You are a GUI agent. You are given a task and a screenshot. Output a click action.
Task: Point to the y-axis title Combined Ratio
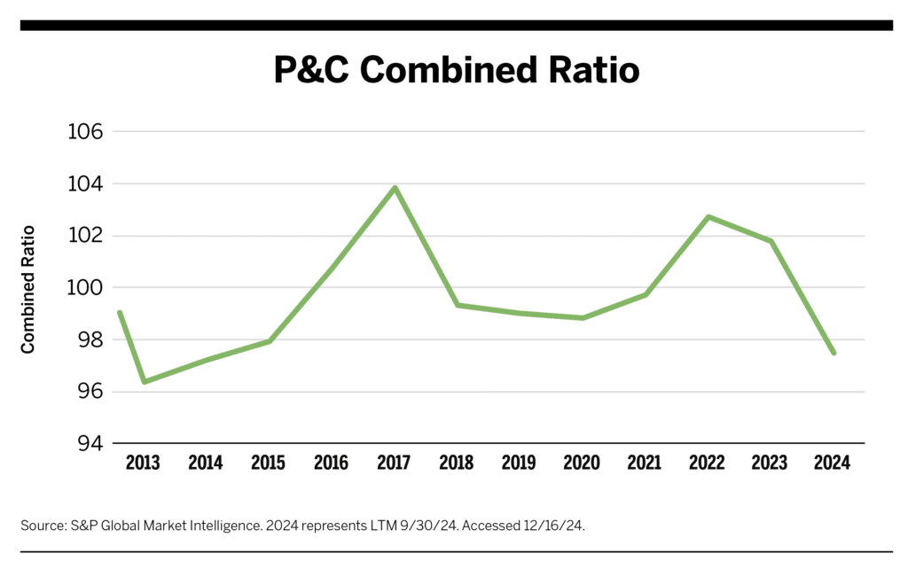(28, 289)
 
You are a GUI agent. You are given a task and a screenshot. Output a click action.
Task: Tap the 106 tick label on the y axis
(85, 132)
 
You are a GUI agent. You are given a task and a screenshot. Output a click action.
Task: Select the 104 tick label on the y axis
(85, 184)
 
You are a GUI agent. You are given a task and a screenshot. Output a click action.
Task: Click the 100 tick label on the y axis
(85, 288)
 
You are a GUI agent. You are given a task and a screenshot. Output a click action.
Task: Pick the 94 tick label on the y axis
(85, 443)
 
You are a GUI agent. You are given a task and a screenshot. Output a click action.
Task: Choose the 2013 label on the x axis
(143, 463)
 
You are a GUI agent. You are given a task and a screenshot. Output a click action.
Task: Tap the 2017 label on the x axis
(394, 463)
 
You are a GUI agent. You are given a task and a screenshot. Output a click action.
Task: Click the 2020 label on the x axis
(582, 463)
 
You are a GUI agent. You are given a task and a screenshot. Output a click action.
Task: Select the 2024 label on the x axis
(833, 463)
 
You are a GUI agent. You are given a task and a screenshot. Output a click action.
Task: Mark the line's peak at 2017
(395, 188)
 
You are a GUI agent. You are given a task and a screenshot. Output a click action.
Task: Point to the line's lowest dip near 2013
(144, 382)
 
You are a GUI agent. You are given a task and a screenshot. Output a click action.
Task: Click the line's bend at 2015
(269, 341)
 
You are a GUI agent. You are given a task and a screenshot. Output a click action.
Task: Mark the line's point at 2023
(771, 241)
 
